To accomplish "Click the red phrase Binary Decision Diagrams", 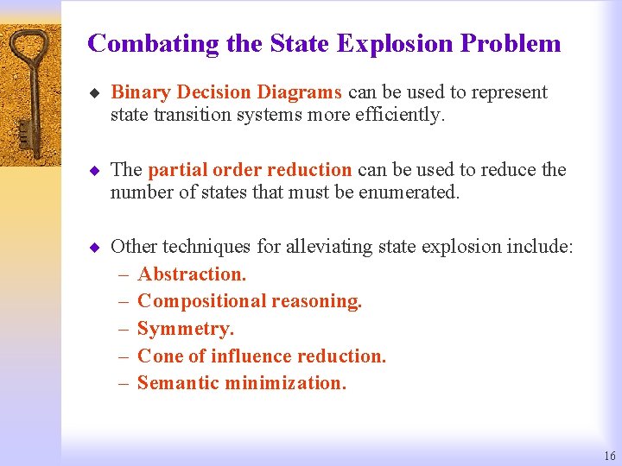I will point(227,92).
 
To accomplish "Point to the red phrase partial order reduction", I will point(250,169).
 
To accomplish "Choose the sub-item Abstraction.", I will point(192,274).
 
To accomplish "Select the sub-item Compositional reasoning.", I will point(250,301).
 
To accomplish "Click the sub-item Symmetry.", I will point(186,329).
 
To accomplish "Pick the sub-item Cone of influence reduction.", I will point(262,356).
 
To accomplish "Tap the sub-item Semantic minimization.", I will point(242,383).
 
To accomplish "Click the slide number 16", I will point(610,457).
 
